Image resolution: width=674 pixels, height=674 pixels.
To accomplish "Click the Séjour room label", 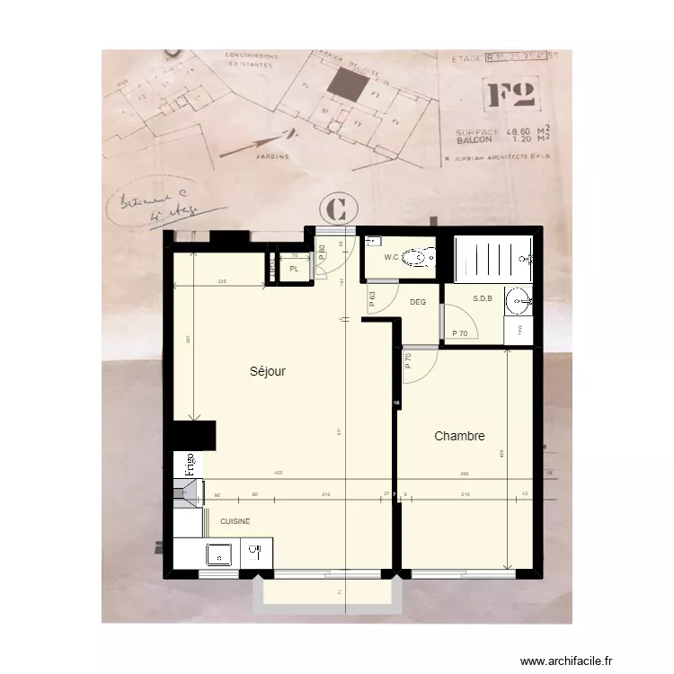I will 268,370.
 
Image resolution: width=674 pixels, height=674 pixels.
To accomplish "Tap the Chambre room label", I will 459,437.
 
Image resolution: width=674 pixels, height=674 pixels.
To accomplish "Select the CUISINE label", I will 235,521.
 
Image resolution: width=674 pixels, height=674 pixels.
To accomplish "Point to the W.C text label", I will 391,258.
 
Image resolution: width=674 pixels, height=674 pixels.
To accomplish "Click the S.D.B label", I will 482,298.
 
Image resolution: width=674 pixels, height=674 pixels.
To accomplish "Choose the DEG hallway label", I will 417,302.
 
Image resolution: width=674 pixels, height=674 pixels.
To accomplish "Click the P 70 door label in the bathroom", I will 460,333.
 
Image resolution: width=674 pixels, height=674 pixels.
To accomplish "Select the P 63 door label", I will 372,297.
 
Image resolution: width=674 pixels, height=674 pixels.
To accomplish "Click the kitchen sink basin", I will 219,554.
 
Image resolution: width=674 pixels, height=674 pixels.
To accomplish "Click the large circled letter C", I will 337,209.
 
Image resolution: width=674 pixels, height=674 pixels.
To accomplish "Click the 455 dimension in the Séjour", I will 279,473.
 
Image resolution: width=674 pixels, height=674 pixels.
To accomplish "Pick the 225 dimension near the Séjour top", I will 221,282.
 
